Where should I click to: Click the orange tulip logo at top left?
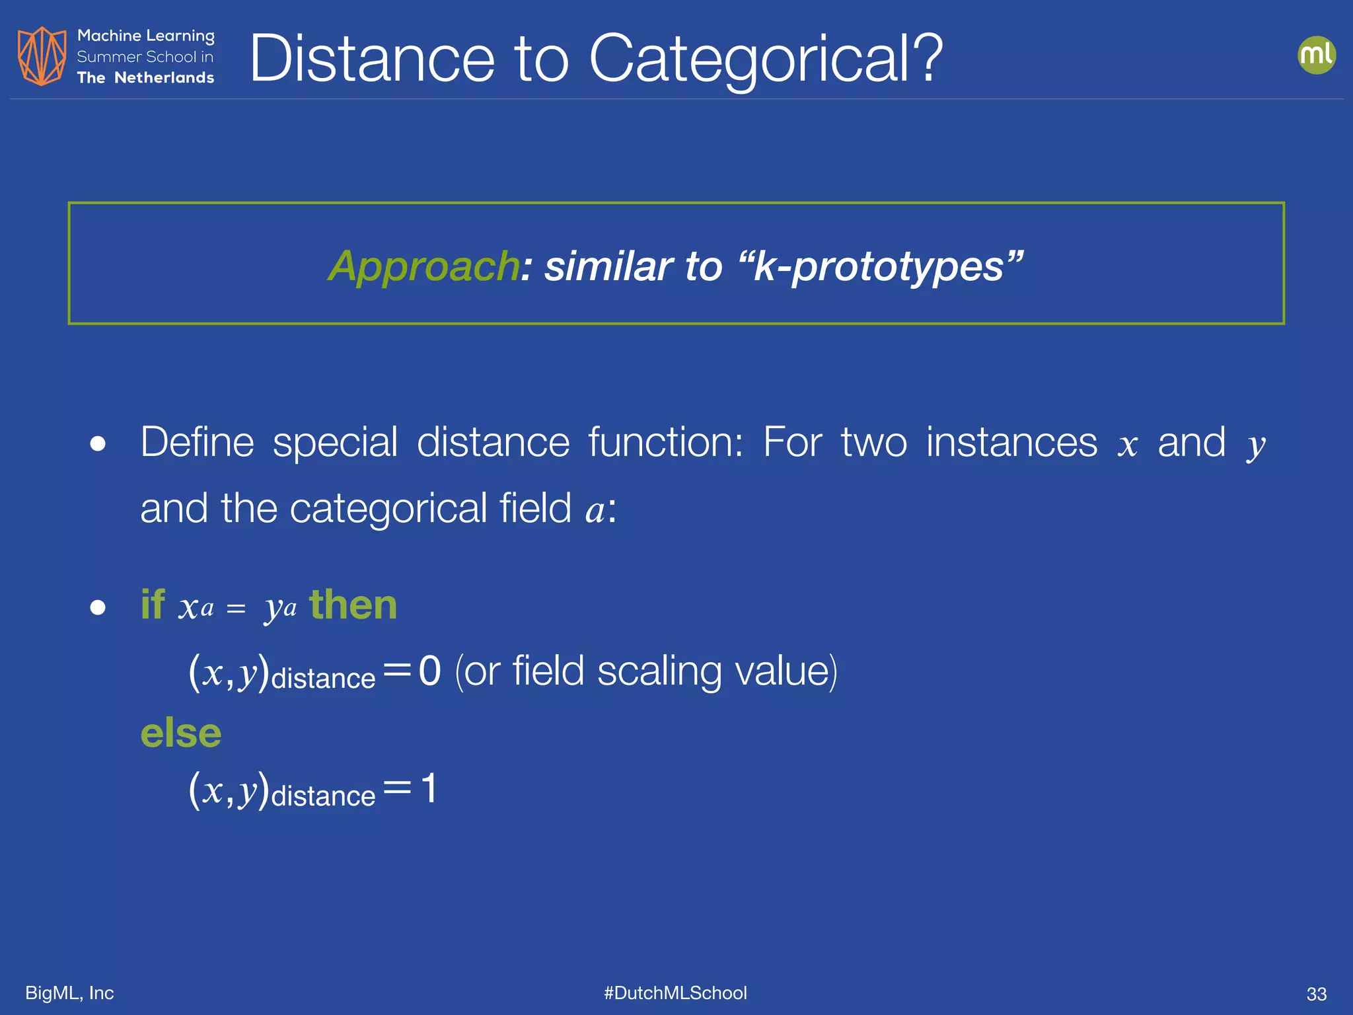coord(42,56)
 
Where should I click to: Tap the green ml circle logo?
coord(1316,55)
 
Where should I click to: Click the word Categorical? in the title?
coord(766,59)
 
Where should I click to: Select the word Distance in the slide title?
coord(372,59)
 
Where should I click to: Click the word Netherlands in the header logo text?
coord(164,78)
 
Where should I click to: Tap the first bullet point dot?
coord(98,443)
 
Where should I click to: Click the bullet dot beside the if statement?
coord(98,607)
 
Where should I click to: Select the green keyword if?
coord(152,604)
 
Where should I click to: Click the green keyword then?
coord(353,604)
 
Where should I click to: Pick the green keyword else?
coord(181,733)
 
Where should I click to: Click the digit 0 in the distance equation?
coord(429,671)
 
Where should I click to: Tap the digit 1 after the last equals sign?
coord(429,788)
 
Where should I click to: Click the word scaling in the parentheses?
coord(659,671)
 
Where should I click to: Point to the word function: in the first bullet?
coord(665,442)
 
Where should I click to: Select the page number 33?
coord(1316,994)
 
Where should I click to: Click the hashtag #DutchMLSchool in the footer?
coord(675,993)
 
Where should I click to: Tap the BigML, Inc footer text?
coord(69,993)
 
